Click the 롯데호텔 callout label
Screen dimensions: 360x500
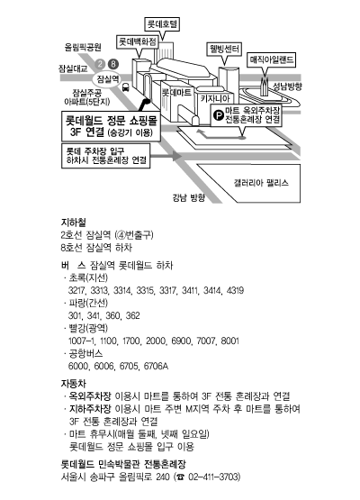point(162,24)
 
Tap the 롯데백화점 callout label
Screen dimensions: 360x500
point(138,41)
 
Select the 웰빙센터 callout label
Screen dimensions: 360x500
point(224,50)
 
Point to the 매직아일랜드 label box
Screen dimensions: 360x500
point(272,60)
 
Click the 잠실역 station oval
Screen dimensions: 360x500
point(108,79)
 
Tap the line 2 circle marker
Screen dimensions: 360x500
point(101,64)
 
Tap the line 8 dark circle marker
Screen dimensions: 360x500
point(113,64)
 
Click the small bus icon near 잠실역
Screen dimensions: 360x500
point(125,86)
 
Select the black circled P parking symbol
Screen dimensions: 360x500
point(219,114)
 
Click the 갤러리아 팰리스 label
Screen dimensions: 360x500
point(261,183)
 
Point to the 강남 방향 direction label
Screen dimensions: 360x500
point(189,197)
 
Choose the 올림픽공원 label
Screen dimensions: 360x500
point(83,47)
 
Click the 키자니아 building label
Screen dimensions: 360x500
point(215,99)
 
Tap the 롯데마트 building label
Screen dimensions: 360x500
point(176,93)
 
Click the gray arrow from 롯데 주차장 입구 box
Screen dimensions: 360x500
point(166,156)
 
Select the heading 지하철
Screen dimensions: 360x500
point(73,223)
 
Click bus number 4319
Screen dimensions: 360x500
point(235,290)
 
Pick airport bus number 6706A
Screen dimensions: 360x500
point(156,366)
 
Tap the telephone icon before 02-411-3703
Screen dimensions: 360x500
point(181,477)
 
